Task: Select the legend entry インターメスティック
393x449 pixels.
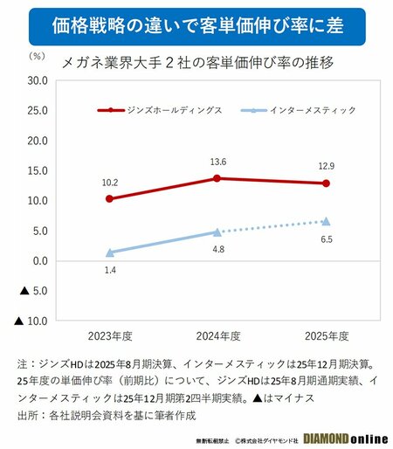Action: tap(300, 110)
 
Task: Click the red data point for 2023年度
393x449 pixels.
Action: tap(109, 199)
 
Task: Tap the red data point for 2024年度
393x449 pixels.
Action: tap(217, 178)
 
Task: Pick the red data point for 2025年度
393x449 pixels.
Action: tap(326, 183)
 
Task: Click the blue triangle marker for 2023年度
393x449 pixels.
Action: tap(109, 252)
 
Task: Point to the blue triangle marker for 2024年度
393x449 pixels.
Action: tap(217, 231)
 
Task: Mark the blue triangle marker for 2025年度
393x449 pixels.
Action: tap(326, 221)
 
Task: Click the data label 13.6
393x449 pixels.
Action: tap(217, 162)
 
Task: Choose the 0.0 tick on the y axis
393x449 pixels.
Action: tap(38, 261)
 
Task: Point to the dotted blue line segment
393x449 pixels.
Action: tap(272, 226)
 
